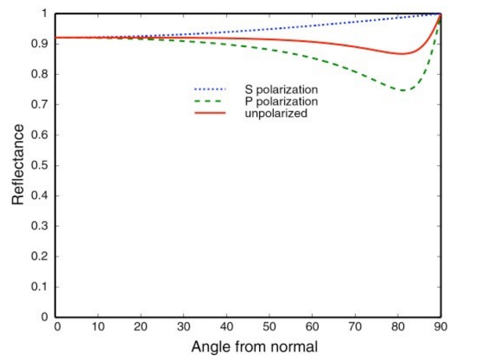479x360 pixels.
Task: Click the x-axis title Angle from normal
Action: (254, 347)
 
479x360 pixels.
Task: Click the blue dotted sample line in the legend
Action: (210, 89)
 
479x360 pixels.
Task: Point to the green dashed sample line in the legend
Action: (210, 101)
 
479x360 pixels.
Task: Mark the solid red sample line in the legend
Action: (210, 113)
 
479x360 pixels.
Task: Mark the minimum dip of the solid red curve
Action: (403, 54)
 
